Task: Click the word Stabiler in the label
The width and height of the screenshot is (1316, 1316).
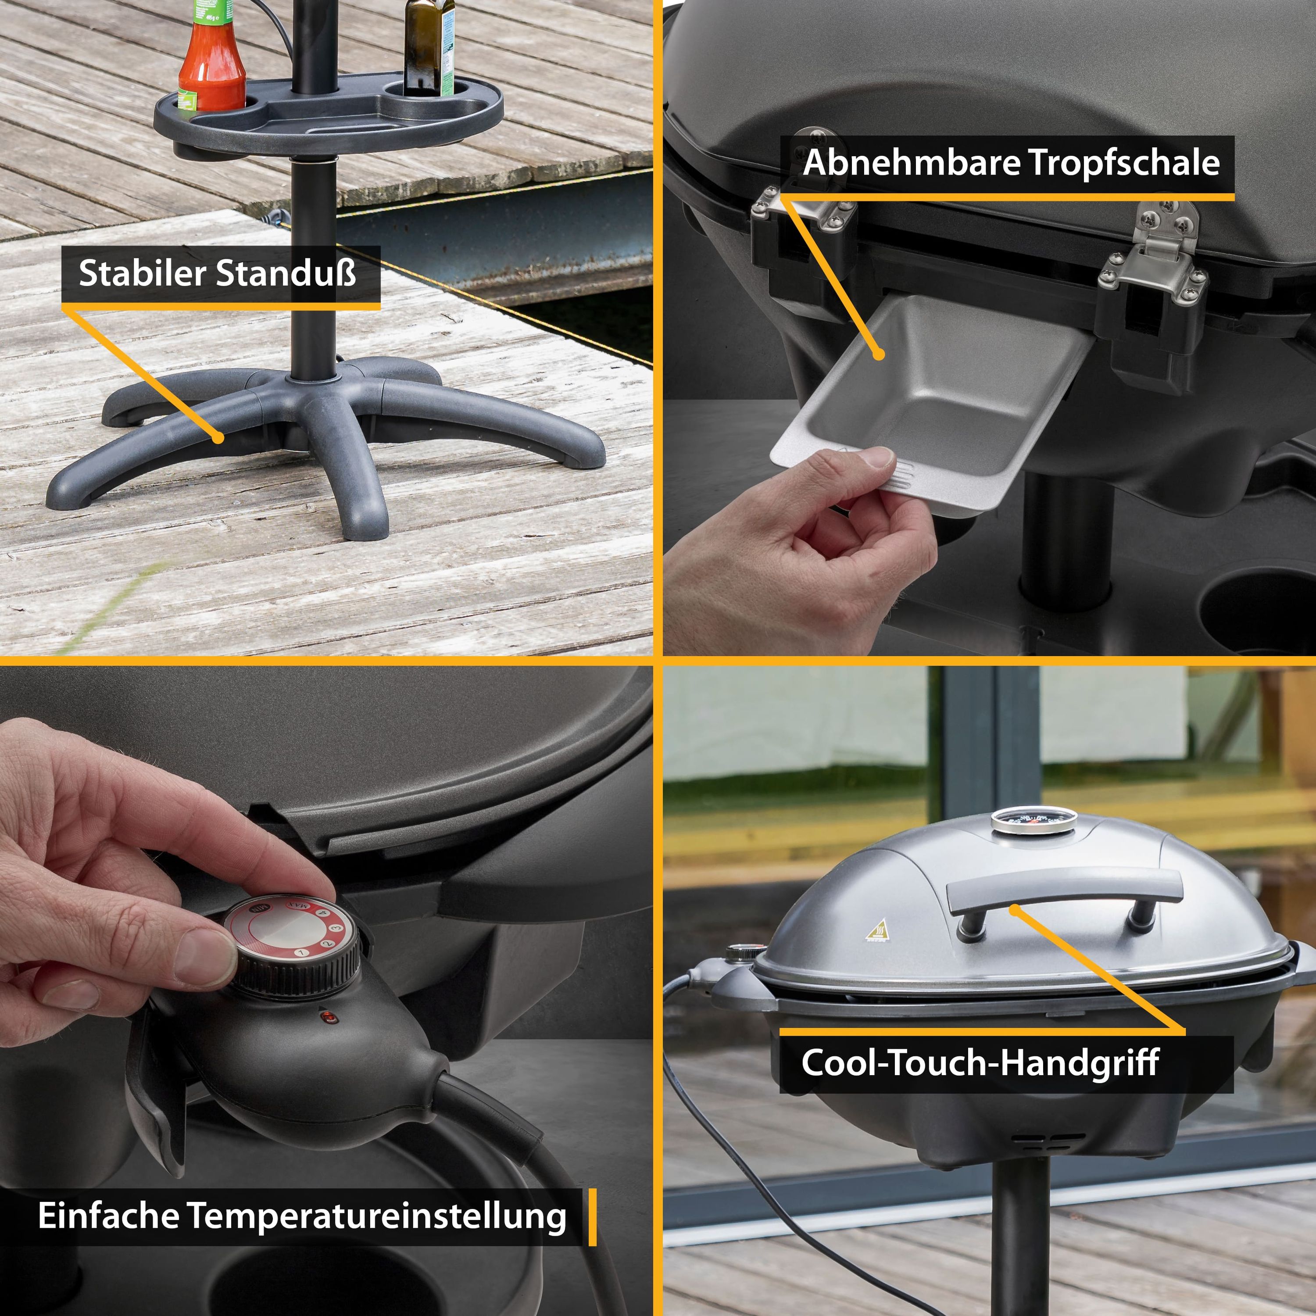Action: click(143, 273)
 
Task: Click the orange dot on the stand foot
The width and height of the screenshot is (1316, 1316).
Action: click(218, 437)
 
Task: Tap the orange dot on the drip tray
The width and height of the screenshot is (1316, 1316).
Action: click(880, 354)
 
